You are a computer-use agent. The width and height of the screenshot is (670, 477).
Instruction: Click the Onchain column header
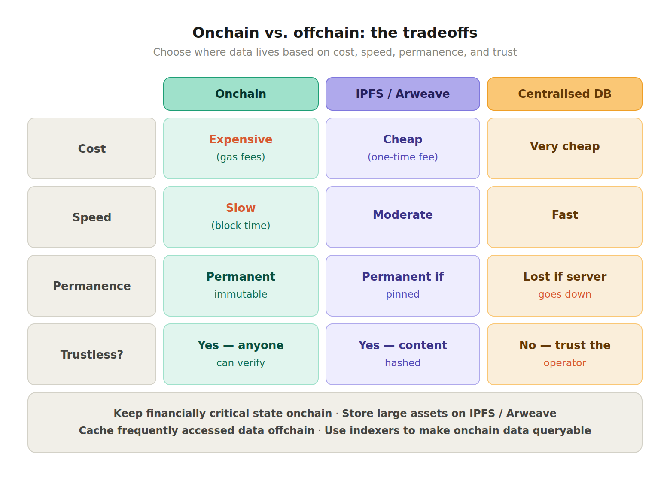pyautogui.click(x=241, y=94)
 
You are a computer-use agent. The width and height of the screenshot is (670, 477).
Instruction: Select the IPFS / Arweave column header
pyautogui.click(x=402, y=94)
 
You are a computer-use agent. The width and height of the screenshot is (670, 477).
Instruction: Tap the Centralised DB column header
pyautogui.click(x=564, y=94)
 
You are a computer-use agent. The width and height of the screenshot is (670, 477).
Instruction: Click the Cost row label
pyautogui.click(x=91, y=149)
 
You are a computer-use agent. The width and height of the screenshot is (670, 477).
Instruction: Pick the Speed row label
pyautogui.click(x=91, y=217)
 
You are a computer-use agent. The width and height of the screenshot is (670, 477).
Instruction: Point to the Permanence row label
pyautogui.click(x=91, y=286)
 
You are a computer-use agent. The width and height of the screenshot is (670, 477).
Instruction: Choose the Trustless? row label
pyautogui.click(x=91, y=355)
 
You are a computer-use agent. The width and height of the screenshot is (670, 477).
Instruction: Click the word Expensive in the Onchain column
pyautogui.click(x=241, y=139)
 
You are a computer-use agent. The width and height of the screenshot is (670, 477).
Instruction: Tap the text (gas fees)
pyautogui.click(x=241, y=157)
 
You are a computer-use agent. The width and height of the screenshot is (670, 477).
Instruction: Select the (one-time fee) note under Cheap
pyautogui.click(x=402, y=157)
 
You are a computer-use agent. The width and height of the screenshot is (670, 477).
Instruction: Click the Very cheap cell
pyautogui.click(x=564, y=146)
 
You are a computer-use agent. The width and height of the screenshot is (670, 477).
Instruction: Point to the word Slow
pyautogui.click(x=241, y=208)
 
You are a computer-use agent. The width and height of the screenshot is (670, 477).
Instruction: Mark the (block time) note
pyautogui.click(x=241, y=226)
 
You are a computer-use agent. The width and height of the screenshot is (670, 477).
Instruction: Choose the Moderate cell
pyautogui.click(x=402, y=215)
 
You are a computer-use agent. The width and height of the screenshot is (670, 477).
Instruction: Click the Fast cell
pyautogui.click(x=564, y=215)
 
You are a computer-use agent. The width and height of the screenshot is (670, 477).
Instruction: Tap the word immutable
pyautogui.click(x=241, y=294)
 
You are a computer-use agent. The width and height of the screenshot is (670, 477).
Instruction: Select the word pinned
pyautogui.click(x=402, y=294)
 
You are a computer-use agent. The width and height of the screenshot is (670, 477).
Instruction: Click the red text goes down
pyautogui.click(x=564, y=294)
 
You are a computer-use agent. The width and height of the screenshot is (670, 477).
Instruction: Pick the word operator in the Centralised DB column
pyautogui.click(x=564, y=363)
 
